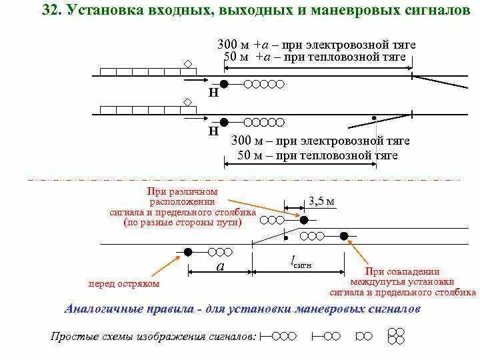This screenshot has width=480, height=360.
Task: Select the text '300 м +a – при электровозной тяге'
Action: pos(316,45)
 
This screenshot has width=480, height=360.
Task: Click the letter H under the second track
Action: pos(213,131)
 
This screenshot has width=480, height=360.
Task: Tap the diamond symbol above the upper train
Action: pos(189,64)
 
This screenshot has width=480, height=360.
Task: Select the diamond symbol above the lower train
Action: pos(189,102)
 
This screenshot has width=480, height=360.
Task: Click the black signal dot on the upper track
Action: pos(225,84)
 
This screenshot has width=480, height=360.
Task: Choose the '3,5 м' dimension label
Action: pos(321,200)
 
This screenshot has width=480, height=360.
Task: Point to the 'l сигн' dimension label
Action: pos(301,264)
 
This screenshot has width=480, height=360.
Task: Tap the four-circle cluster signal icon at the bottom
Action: pos(397,336)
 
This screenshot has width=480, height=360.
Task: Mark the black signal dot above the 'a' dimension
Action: pos(188,252)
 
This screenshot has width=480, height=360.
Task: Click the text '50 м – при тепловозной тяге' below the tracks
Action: pos(317,155)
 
